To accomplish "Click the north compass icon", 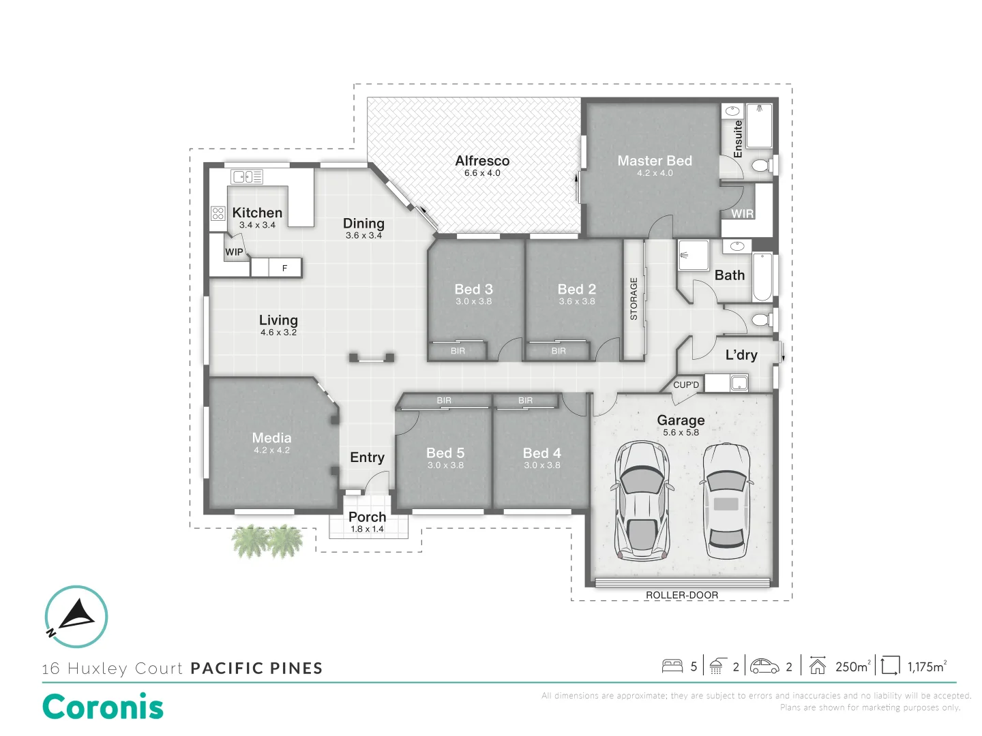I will tap(76, 616).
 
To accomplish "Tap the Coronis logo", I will tap(103, 707).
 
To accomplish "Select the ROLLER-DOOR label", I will tap(681, 595).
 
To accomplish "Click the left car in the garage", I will tap(641, 501).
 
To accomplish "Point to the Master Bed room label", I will tap(654, 161).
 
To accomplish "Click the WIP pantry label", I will tap(234, 251).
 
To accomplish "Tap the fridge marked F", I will tap(284, 268).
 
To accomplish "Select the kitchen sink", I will tap(246, 177).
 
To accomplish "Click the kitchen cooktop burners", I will tap(218, 213).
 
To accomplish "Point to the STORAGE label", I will tap(634, 298).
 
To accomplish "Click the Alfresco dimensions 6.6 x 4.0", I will tap(482, 173).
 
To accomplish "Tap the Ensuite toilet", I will tap(761, 166).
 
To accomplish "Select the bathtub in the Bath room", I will tap(762, 277).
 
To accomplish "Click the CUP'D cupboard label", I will tap(686, 385).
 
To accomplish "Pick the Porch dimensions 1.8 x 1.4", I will tap(367, 529).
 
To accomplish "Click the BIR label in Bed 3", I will tap(458, 351).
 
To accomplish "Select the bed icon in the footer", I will tap(672, 666).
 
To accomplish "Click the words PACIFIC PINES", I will tap(256, 668).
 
